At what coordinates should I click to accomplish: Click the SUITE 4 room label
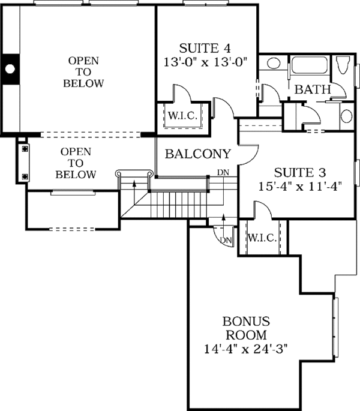pyautogui.click(x=206, y=47)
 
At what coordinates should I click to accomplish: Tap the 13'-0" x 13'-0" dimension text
pyautogui.click(x=206, y=61)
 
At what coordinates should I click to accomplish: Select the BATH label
pyautogui.click(x=313, y=89)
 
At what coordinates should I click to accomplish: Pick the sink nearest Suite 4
pyautogui.click(x=274, y=64)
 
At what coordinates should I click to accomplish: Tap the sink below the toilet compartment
pyautogui.click(x=346, y=115)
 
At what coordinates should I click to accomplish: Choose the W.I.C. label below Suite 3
pyautogui.click(x=262, y=238)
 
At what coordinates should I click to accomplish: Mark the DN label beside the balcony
pyautogui.click(x=222, y=173)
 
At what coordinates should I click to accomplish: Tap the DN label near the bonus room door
pyautogui.click(x=225, y=240)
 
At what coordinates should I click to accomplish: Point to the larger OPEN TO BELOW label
pyautogui.click(x=83, y=72)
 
